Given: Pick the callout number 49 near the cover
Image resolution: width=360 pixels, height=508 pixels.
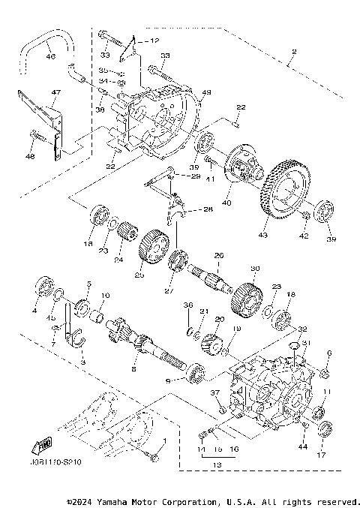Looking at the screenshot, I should [206, 93].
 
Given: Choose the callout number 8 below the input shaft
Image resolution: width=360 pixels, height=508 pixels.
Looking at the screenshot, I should [133, 369].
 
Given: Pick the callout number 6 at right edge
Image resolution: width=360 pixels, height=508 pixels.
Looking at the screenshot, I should [328, 353].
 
